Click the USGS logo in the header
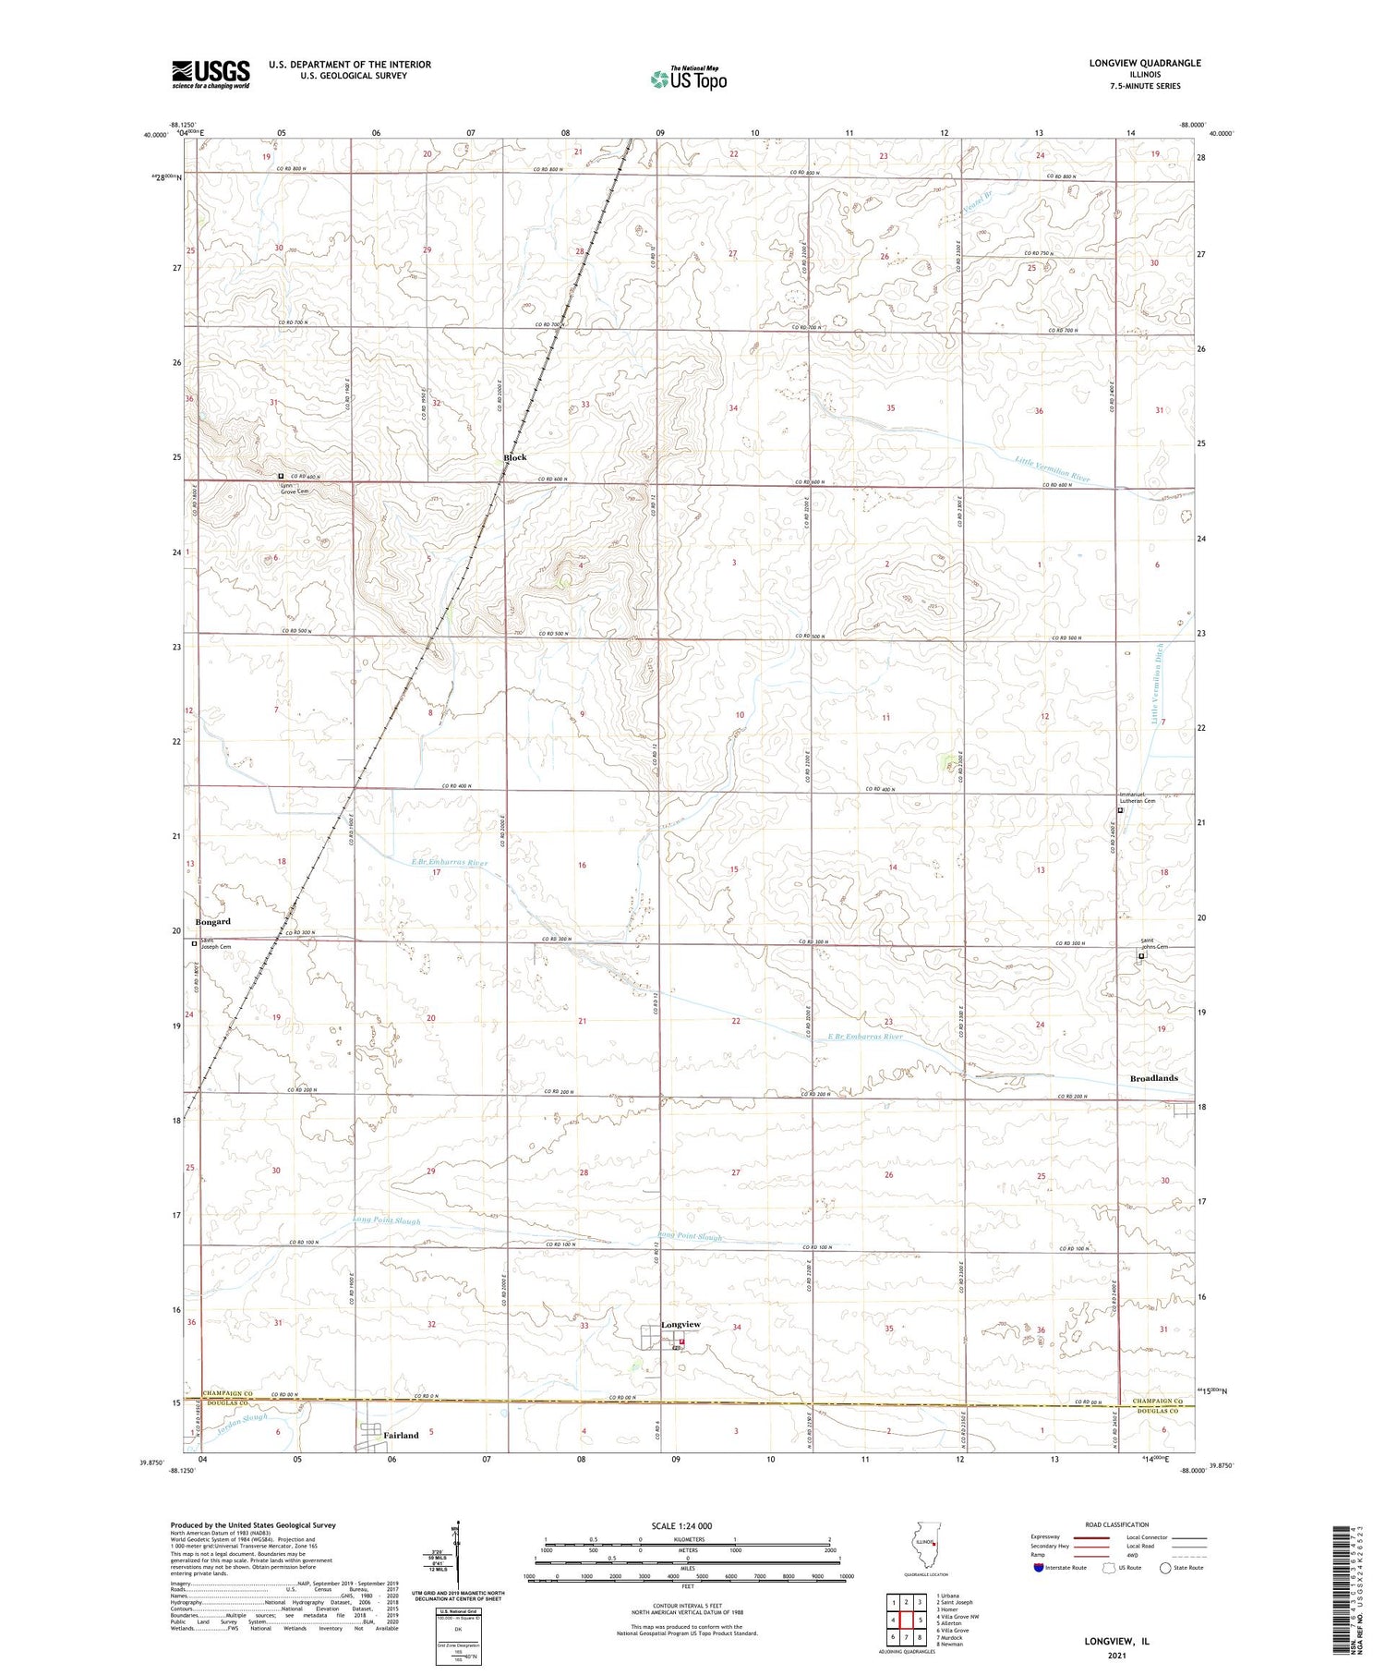pos(211,74)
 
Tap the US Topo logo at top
pos(688,79)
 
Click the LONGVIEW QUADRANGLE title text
pos(1145,63)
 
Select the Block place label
pos(515,458)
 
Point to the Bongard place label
pos(213,922)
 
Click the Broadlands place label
pos(1154,1078)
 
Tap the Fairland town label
pos(402,1435)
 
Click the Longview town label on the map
pos(680,1325)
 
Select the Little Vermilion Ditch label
pos(1159,684)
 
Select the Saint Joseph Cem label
pos(216,944)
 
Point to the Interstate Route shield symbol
pos(1039,1567)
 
